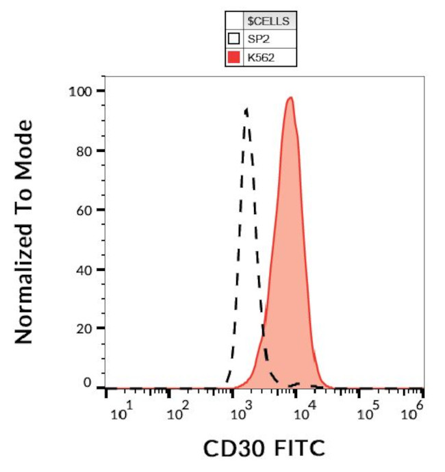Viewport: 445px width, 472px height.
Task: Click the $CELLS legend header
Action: (270, 21)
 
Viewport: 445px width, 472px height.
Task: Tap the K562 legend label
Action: (261, 58)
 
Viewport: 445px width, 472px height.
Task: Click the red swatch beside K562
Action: (234, 58)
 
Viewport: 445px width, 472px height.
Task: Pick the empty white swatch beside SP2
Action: (234, 40)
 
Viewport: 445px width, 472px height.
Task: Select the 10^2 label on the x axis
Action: (179, 412)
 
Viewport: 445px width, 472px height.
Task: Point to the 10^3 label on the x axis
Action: (242, 412)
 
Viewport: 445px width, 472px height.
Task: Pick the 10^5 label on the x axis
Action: (368, 412)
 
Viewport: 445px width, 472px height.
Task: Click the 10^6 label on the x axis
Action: (411, 412)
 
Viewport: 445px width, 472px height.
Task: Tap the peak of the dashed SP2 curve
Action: (246, 109)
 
